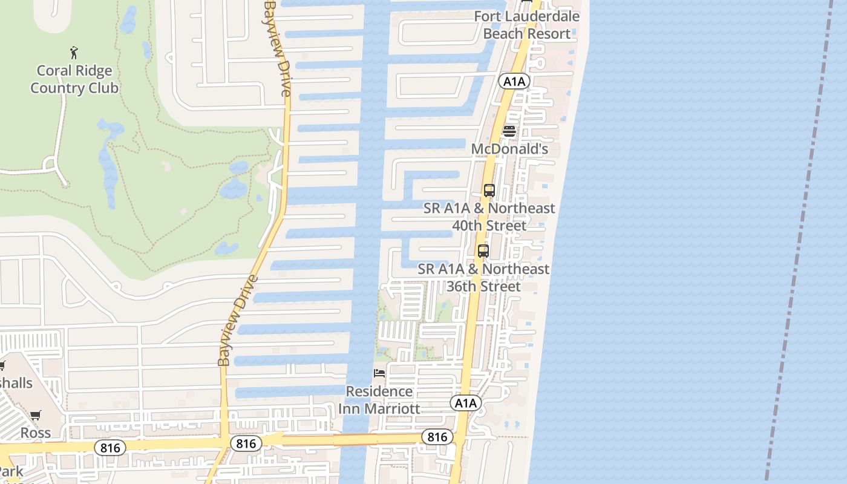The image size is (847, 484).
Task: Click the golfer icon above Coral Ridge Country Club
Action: pyautogui.click(x=74, y=53)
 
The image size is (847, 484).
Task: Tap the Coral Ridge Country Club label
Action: pyautogui.click(x=74, y=79)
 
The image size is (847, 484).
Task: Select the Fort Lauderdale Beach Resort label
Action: pyautogui.click(x=527, y=25)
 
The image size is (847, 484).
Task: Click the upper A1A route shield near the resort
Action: pyautogui.click(x=514, y=80)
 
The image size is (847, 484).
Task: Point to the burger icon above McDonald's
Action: pyautogui.click(x=509, y=131)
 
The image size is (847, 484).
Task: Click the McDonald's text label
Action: pyautogui.click(x=509, y=149)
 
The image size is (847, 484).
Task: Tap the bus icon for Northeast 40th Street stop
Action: pyautogui.click(x=489, y=191)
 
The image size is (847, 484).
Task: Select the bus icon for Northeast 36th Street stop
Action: pyautogui.click(x=483, y=251)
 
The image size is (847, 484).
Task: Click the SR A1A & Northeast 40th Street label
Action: pyautogui.click(x=489, y=217)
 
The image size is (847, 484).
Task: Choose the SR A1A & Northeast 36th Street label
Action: pyautogui.click(x=483, y=278)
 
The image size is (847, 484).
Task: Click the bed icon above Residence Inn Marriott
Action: pyautogui.click(x=379, y=373)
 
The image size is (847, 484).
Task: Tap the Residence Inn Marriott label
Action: pyautogui.click(x=379, y=400)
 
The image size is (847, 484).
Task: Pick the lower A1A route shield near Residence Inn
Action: pyautogui.click(x=465, y=403)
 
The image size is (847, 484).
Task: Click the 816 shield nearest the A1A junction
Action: pyautogui.click(x=437, y=437)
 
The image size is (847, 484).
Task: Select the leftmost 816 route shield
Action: pyautogui.click(x=110, y=448)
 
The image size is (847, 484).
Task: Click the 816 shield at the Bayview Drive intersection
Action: pyautogui.click(x=246, y=443)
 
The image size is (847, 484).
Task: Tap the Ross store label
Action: pyautogui.click(x=36, y=433)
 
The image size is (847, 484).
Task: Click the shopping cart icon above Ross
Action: pyautogui.click(x=36, y=415)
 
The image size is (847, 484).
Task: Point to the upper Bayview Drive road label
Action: pyautogui.click(x=278, y=48)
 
